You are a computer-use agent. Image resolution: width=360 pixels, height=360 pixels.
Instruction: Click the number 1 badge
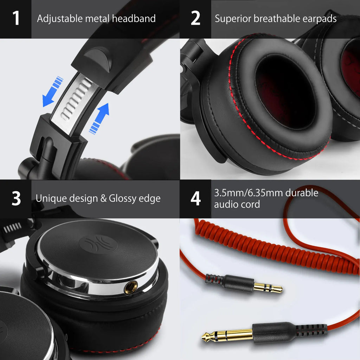pyautogui.click(x=16, y=19)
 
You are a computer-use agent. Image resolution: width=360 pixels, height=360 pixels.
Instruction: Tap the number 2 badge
pyautogui.click(x=195, y=19)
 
